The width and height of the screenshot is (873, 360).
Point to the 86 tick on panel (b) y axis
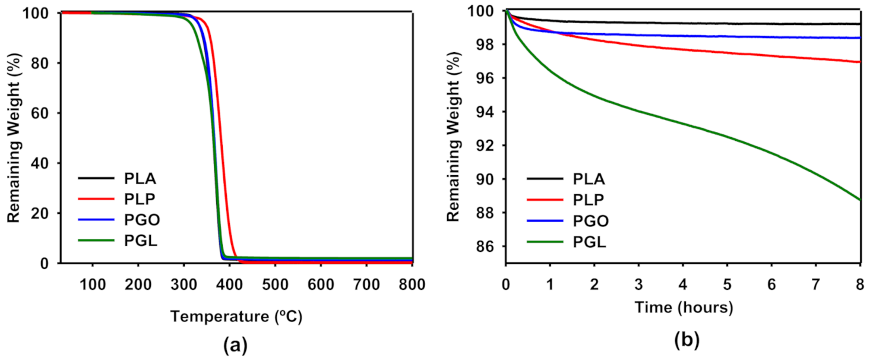(x=488, y=247)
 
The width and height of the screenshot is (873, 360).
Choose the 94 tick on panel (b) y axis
(x=488, y=112)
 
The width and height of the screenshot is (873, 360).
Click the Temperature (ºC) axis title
(x=236, y=317)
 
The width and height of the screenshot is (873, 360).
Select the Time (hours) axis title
(x=683, y=308)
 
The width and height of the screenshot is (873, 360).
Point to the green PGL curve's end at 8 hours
(x=859, y=200)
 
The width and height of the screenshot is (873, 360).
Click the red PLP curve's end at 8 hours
(x=859, y=62)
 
